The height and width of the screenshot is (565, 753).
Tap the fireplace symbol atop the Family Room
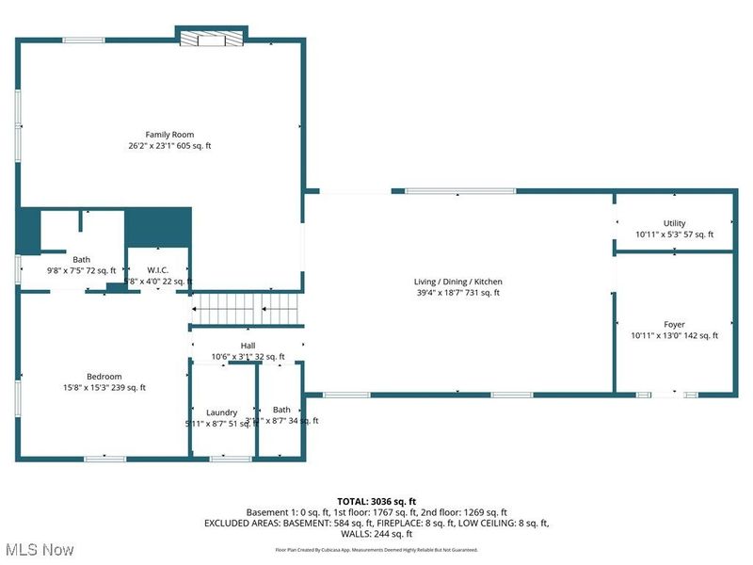(212, 39)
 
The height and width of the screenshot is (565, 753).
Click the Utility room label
(674, 223)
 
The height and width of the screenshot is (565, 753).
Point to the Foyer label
(674, 324)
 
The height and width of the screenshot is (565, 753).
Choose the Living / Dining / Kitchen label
(457, 282)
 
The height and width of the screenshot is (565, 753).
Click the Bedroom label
(104, 376)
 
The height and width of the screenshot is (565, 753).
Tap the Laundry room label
(222, 412)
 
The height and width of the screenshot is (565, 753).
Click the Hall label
(248, 346)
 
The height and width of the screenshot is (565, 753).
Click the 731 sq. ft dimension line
(457, 293)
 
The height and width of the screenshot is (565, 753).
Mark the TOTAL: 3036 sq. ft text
(376, 500)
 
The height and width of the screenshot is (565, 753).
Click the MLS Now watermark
(39, 548)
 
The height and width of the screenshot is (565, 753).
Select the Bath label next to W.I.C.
(82, 259)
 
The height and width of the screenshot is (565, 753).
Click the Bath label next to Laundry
(281, 410)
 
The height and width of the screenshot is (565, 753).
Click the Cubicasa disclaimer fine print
(376, 549)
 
